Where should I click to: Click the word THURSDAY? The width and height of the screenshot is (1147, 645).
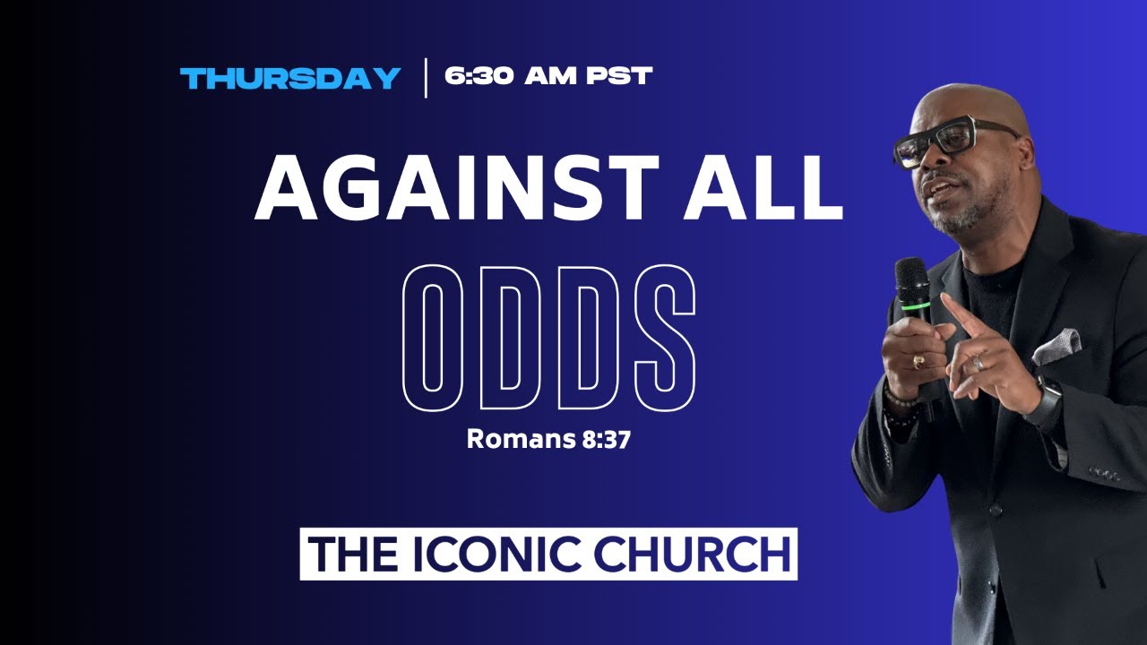(290, 78)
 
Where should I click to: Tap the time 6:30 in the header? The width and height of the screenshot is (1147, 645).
(479, 76)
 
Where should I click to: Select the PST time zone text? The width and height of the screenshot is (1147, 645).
(619, 76)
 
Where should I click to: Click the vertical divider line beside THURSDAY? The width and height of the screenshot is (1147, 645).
(426, 78)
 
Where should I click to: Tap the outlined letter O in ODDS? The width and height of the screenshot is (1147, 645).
(433, 338)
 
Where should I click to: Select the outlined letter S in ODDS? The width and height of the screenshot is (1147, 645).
(665, 338)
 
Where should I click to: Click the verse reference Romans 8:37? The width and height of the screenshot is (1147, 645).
(548, 439)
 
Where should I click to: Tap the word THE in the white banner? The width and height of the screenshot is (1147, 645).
(352, 554)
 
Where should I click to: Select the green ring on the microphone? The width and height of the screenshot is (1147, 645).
(916, 305)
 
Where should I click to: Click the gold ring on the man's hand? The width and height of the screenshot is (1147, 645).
(919, 361)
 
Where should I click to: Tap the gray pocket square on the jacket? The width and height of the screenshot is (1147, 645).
(1056, 346)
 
